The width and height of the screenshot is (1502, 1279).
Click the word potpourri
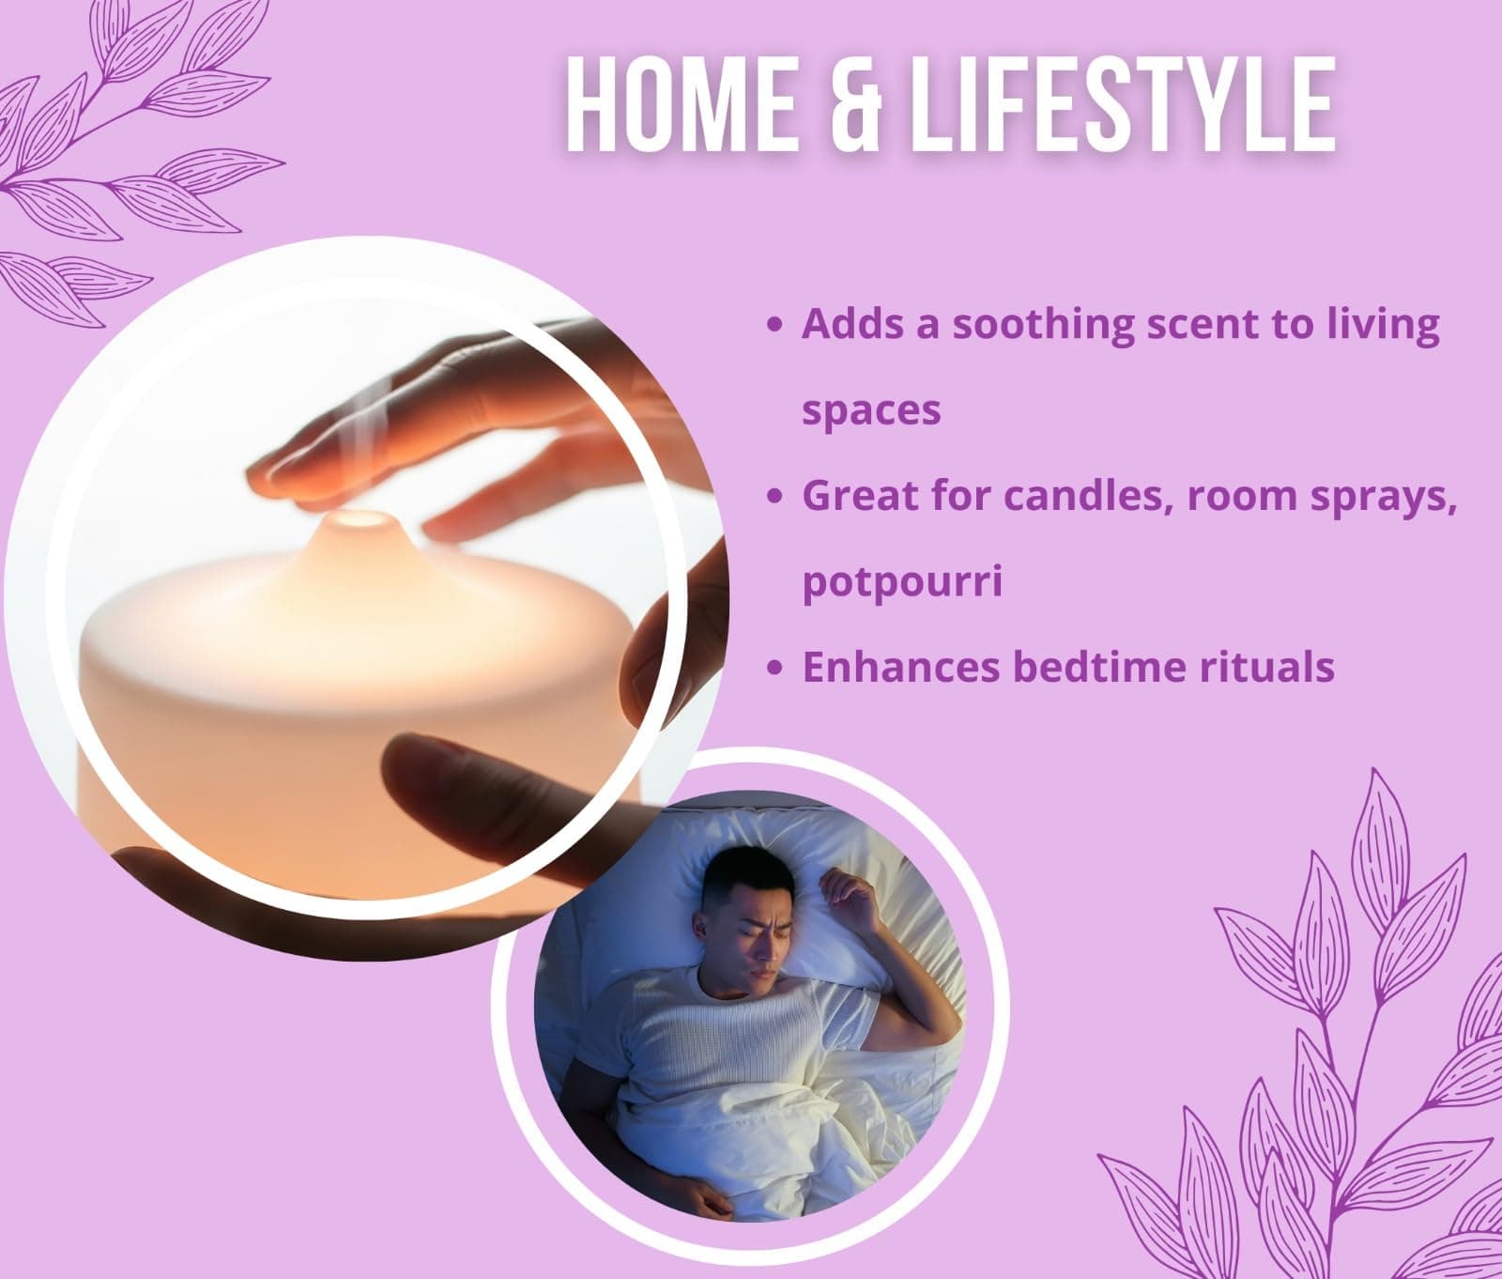pyautogui.click(x=902, y=582)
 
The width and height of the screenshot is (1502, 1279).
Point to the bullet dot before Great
pyautogui.click(x=774, y=497)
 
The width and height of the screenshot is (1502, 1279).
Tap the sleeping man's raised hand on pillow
pyautogui.click(x=838, y=888)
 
